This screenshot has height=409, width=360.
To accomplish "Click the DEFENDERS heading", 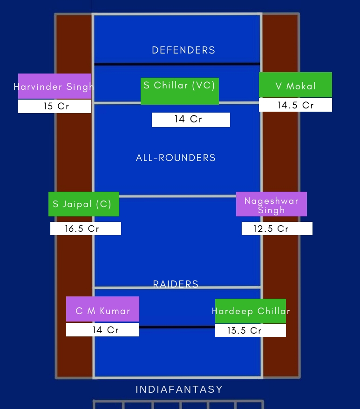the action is (183, 50).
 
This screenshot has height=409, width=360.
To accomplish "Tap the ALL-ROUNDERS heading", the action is (176, 158).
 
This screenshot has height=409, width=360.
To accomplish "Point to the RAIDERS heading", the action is (176, 284).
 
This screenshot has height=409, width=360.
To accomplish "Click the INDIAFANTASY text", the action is (179, 389).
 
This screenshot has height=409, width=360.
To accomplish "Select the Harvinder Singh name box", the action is (54, 86).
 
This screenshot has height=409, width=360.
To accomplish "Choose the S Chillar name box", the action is (180, 91).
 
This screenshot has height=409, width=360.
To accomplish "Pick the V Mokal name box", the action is (296, 85).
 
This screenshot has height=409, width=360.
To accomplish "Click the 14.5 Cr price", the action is (295, 105).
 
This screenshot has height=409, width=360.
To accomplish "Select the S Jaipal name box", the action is (84, 204).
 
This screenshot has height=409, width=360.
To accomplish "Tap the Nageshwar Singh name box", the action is (272, 204).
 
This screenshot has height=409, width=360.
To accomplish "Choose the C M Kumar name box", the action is (102, 309).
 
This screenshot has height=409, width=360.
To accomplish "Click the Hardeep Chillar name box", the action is (251, 311).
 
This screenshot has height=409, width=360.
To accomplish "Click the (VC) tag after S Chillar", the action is (204, 85).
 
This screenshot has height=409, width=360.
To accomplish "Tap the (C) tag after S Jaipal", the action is (104, 204).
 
